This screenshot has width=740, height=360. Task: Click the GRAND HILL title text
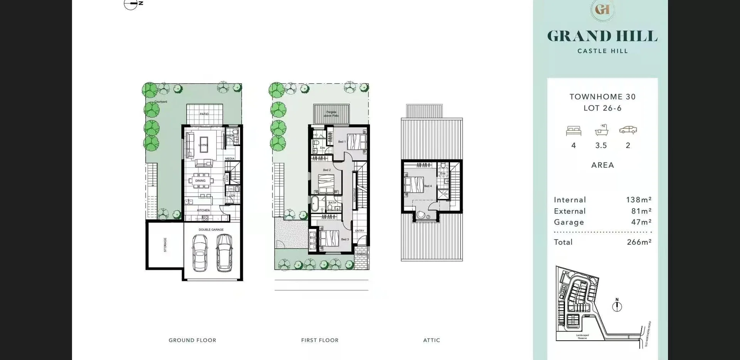[602, 36]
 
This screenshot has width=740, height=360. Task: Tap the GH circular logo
[602, 9]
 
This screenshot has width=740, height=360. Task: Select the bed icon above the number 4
[573, 131]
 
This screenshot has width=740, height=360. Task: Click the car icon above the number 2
[628, 130]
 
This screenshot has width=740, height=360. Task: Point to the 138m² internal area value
[639, 200]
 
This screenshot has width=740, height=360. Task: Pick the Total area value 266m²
[639, 242]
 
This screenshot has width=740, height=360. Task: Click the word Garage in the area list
[569, 222]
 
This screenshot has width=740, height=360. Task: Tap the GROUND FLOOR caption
[192, 340]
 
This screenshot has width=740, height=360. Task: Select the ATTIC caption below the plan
[431, 340]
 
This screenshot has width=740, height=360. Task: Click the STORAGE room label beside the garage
[165, 245]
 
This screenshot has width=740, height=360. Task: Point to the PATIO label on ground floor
[204, 114]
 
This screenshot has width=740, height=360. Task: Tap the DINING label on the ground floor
[200, 181]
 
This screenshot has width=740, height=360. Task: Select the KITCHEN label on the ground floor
[203, 210]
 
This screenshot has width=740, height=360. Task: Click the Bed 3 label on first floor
[345, 239]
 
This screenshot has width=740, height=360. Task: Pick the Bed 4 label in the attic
[427, 186]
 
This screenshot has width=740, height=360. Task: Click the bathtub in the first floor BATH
[315, 203]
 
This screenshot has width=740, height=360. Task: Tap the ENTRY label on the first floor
[359, 231]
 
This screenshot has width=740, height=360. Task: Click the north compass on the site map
[617, 306]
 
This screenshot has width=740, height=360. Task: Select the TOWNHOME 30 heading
[602, 97]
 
